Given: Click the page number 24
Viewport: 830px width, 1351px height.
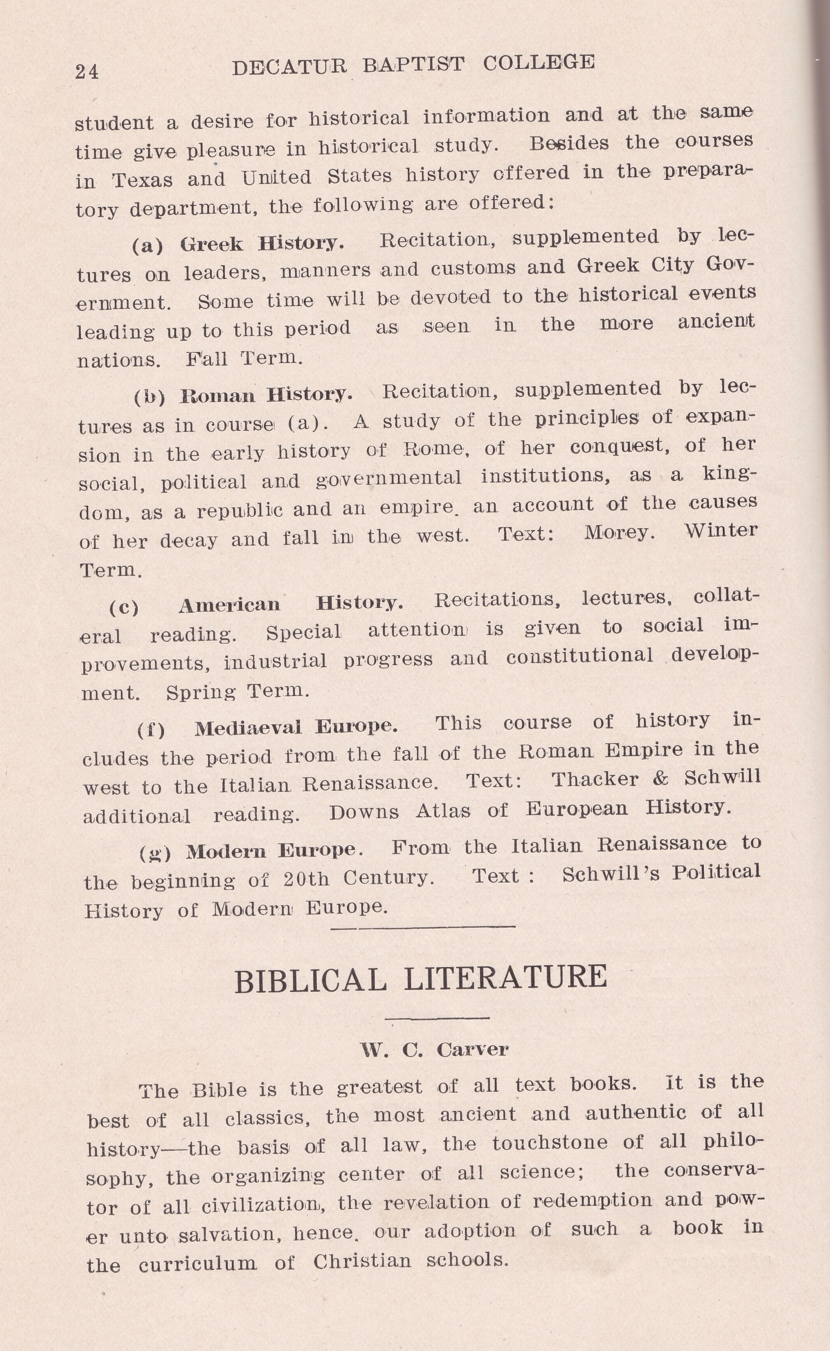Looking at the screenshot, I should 87,72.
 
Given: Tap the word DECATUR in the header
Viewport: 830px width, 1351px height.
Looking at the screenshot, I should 289,67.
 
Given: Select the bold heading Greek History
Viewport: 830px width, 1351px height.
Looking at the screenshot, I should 262,243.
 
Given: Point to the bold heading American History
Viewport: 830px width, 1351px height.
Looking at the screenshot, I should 291,604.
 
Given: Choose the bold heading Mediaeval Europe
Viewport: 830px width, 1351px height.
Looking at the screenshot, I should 296,728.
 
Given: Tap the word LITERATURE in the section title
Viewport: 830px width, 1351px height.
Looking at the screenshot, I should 506,978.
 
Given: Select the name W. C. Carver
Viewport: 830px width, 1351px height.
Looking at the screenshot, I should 434,1050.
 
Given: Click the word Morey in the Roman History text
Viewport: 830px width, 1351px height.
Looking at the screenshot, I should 618,533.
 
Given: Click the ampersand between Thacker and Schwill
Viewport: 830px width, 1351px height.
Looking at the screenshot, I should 661,779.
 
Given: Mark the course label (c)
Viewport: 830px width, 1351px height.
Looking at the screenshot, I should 124,608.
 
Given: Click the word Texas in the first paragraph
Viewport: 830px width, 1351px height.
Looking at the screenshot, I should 142,180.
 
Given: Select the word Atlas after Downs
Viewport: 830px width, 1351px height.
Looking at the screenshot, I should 442,811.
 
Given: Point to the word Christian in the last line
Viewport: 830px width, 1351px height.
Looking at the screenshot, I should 362,1261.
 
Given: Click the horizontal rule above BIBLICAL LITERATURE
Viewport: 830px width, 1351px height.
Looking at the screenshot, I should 423,927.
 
